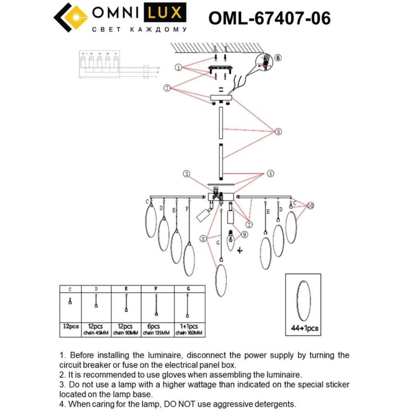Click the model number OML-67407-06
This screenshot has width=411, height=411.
pyautogui.click(x=270, y=18)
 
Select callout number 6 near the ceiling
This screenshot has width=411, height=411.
pyautogui.click(x=278, y=58)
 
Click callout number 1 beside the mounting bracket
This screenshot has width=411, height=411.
pyautogui.click(x=178, y=67)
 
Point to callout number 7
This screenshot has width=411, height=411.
pyautogui.click(x=167, y=88)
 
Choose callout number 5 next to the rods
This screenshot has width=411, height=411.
pyautogui.click(x=278, y=132)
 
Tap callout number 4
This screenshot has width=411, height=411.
pyautogui.click(x=270, y=174)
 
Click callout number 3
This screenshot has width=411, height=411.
pyautogui.click(x=186, y=174)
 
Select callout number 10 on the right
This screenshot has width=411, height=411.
pyautogui.click(x=310, y=206)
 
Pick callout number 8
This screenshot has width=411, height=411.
pyautogui.click(x=203, y=239)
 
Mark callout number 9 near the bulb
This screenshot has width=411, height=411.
pyautogui.click(x=244, y=235)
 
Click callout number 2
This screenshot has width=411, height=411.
pyautogui.click(x=249, y=225)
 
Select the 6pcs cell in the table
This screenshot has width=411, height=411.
pyautogui.click(x=153, y=326)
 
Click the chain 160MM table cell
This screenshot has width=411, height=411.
pyautogui.click(x=189, y=333)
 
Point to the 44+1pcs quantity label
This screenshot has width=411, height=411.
pyautogui.click(x=304, y=328)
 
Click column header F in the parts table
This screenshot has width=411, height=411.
pyautogui.click(x=156, y=289)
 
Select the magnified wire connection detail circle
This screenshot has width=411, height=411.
pyautogui.click(x=264, y=64)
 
